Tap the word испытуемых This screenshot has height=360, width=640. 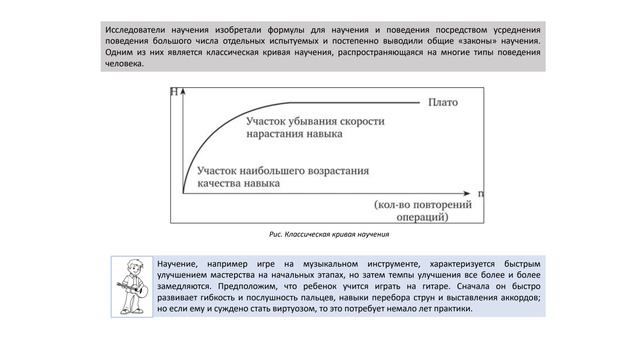pos(333,41)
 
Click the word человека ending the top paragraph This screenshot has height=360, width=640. pos(125,64)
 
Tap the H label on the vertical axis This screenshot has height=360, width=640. pos(176,93)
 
